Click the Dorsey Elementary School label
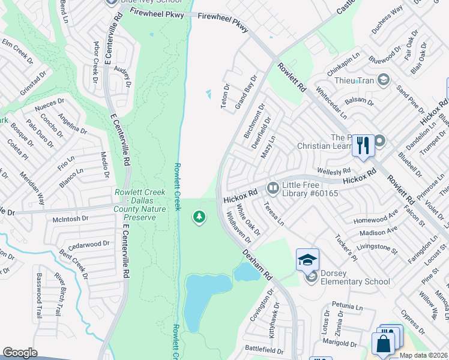pyautogui.click(x=354, y=277)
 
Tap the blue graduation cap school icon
pyautogui.click(x=307, y=260)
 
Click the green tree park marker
pyautogui.click(x=199, y=217)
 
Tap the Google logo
pyautogui.click(x=20, y=353)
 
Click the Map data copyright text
pyautogui.click(x=423, y=355)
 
